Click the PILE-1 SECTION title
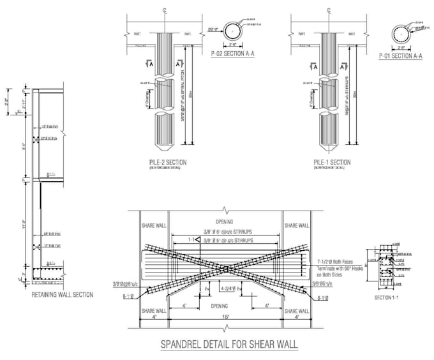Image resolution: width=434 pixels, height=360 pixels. click(x=331, y=162)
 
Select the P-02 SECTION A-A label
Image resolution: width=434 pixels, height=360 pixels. click(x=233, y=54)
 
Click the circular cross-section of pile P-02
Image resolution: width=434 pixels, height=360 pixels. click(x=233, y=31)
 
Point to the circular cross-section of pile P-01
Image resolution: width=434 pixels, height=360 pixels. click(x=401, y=33)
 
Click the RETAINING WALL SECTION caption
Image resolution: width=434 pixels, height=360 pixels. click(x=63, y=295)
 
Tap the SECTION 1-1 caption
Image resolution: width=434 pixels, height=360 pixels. click(x=386, y=297)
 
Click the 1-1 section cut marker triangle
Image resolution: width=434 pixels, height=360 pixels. click(x=198, y=239)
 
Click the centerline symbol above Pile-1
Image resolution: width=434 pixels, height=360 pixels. click(x=329, y=11)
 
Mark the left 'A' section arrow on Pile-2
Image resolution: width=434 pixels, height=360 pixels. click(x=149, y=63)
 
